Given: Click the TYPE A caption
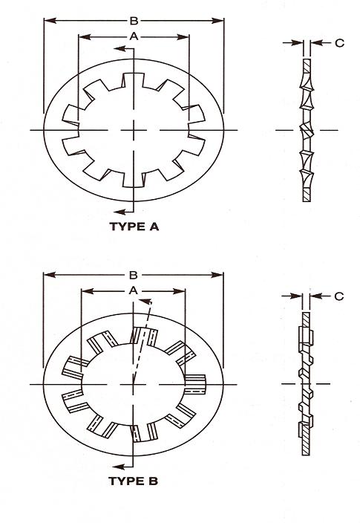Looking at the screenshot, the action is (134, 227).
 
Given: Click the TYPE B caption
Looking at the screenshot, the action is (133, 481).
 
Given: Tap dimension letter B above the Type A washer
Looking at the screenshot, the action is (134, 21).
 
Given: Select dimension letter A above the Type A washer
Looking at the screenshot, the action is (134, 36).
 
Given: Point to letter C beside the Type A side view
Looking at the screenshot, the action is (339, 43).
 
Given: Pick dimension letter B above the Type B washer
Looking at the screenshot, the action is (134, 275).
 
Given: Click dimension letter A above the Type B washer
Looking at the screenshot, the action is (134, 290).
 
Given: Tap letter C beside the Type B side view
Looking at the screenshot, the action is (338, 296).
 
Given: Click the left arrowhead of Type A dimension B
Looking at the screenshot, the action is (50, 21).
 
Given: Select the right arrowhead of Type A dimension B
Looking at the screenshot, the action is (217, 21).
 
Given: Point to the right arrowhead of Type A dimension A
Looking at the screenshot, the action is (183, 36).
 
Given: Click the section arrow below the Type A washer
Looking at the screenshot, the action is (120, 212).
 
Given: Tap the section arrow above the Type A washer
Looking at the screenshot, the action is (120, 49).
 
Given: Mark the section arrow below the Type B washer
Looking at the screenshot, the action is (120, 467).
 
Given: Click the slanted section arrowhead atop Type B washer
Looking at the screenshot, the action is (145, 301).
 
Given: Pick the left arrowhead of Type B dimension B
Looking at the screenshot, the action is (50, 275).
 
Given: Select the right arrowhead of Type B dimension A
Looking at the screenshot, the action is (179, 291).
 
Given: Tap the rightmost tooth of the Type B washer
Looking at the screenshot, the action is (195, 384).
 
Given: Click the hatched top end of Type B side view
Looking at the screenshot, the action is (306, 319).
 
